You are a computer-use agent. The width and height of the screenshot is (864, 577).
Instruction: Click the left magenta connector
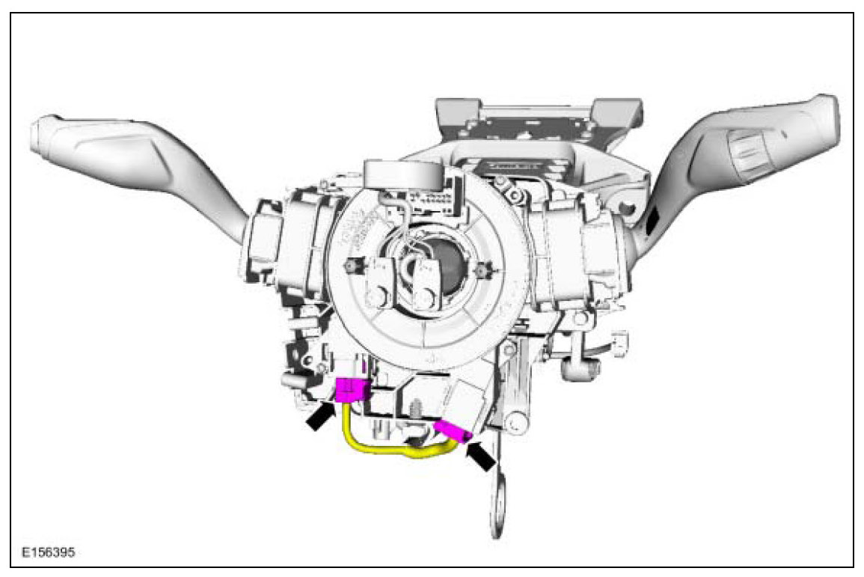[x=351, y=391]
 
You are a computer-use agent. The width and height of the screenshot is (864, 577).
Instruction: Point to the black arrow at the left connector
[x=319, y=416]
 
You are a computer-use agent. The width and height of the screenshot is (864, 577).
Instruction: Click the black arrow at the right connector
[x=481, y=457]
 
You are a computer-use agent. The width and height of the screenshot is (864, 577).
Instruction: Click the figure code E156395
[x=48, y=552]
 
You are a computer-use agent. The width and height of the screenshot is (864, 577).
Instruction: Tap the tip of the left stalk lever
[x=39, y=135]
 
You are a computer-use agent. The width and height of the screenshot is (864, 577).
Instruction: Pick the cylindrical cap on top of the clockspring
[x=402, y=176]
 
